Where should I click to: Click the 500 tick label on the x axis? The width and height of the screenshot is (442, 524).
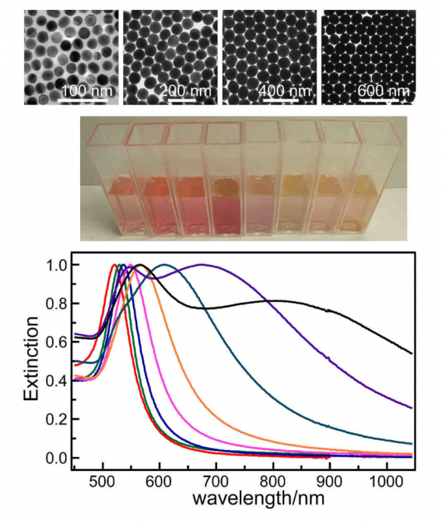click(103, 480)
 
